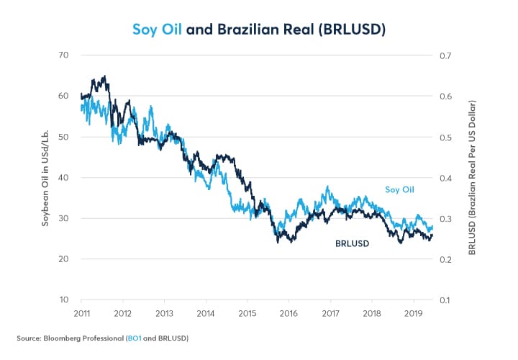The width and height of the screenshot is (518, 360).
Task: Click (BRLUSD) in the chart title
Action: pos(350,30)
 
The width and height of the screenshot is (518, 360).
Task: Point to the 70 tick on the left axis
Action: pos(63,55)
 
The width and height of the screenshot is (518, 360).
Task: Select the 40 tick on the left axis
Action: pos(63,178)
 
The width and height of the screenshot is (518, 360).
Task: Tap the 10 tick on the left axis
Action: pos(63,300)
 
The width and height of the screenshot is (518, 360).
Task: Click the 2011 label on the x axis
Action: pos(81,314)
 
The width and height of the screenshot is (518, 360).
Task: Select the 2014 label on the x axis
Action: pos(206,314)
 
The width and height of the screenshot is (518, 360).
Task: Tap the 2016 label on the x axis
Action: pos(288,314)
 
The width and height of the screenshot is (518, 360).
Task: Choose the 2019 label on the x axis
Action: pos(413,314)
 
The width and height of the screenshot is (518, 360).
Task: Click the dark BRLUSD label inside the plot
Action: pos(352,243)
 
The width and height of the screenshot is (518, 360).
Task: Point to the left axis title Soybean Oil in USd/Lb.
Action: pos(44,177)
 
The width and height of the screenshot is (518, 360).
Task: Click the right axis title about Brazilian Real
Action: pos(473,177)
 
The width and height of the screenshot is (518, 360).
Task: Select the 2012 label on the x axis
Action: pos(122,314)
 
